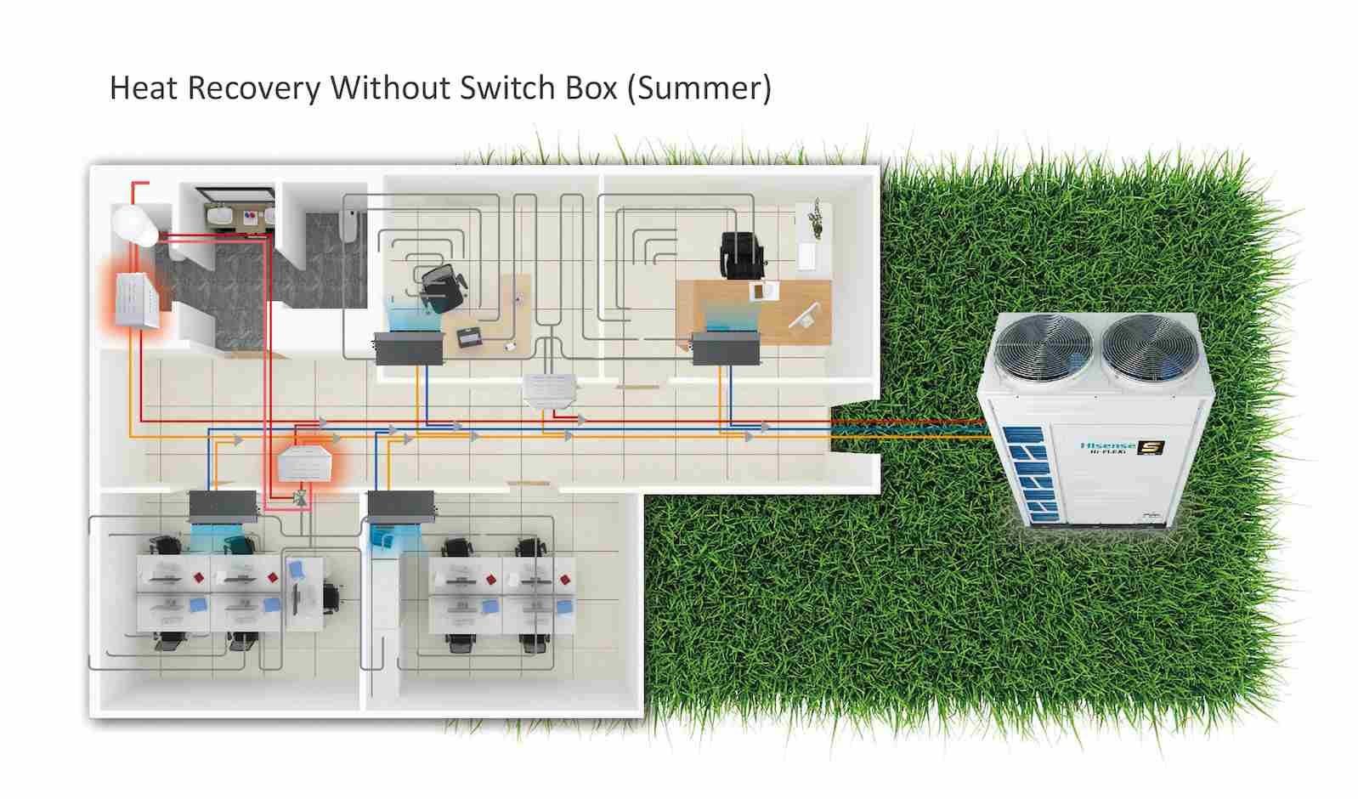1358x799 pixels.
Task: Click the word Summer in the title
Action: point(699,88)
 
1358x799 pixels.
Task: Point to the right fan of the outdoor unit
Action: point(1148,350)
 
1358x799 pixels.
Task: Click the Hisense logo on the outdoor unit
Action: point(1107,445)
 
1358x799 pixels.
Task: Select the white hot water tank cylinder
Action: point(135,224)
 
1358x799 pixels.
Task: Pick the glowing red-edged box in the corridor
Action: point(303,463)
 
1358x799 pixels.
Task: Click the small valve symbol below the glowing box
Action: point(298,498)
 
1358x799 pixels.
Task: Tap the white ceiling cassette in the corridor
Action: point(551,389)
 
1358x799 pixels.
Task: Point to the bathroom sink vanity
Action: point(235,216)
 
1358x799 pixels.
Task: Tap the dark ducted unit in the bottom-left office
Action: point(222,507)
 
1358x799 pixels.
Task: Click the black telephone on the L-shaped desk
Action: point(469,337)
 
